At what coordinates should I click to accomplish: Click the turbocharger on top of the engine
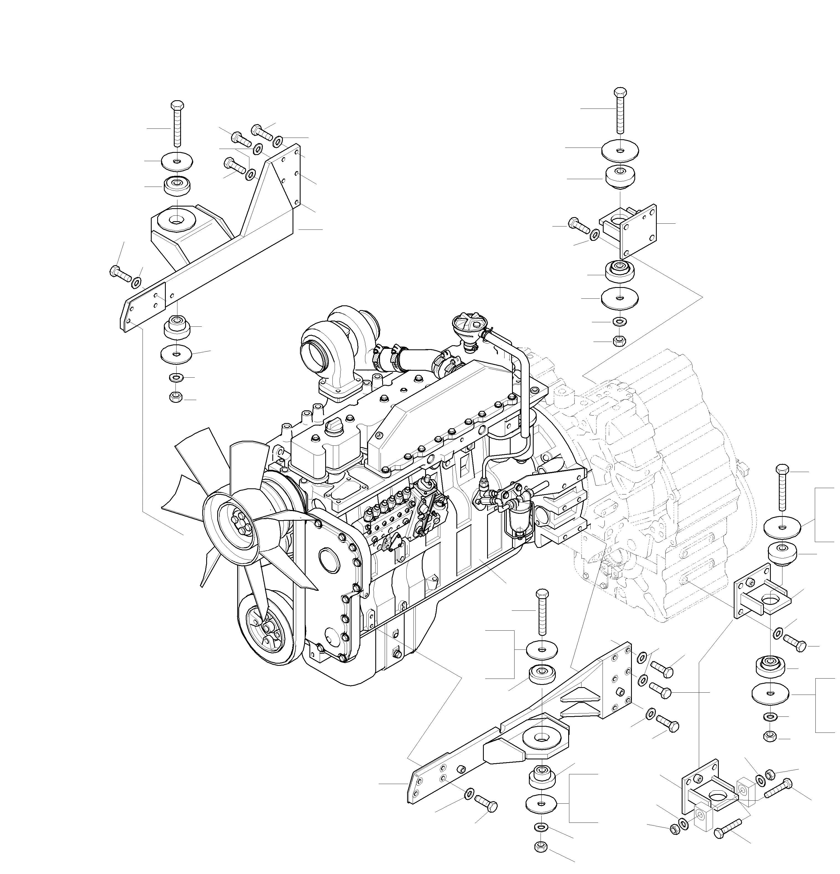(x=339, y=343)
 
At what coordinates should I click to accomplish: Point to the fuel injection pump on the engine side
(x=397, y=508)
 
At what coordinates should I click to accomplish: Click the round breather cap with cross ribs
(x=467, y=322)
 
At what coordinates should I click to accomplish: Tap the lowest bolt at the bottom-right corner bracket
(x=727, y=832)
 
